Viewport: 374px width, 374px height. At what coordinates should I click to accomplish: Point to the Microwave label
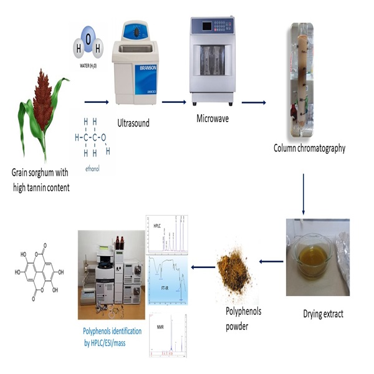click(x=211, y=115)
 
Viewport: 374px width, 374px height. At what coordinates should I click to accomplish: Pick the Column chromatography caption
click(x=309, y=148)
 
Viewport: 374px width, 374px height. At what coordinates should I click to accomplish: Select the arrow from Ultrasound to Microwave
click(x=174, y=102)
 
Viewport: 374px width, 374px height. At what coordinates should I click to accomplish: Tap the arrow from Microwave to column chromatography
click(x=254, y=102)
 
